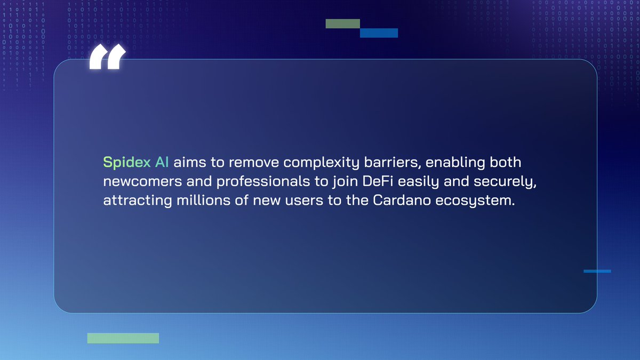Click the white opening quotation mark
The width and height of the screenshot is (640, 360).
(x=107, y=58)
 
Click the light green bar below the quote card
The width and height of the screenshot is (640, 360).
(x=123, y=338)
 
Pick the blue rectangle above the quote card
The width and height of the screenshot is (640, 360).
(x=379, y=33)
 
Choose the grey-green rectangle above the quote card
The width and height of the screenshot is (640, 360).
(x=343, y=23)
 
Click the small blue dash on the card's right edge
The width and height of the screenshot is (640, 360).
(x=597, y=271)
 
